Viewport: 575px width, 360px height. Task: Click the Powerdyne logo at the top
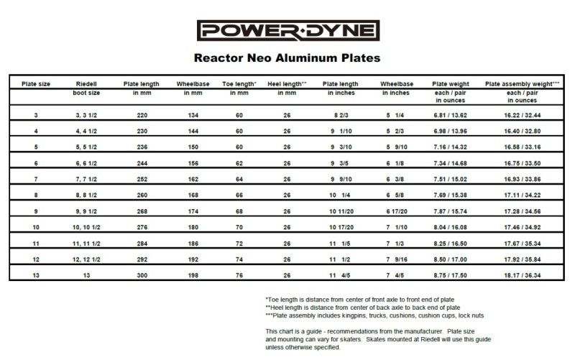(x=287, y=31)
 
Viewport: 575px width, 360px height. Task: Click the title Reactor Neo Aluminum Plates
(x=287, y=56)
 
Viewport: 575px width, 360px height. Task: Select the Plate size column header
(x=36, y=83)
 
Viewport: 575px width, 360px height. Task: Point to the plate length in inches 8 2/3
(x=341, y=114)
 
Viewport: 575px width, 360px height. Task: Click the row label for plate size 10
(x=36, y=226)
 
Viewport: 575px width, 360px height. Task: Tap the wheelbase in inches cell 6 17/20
(x=395, y=211)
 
